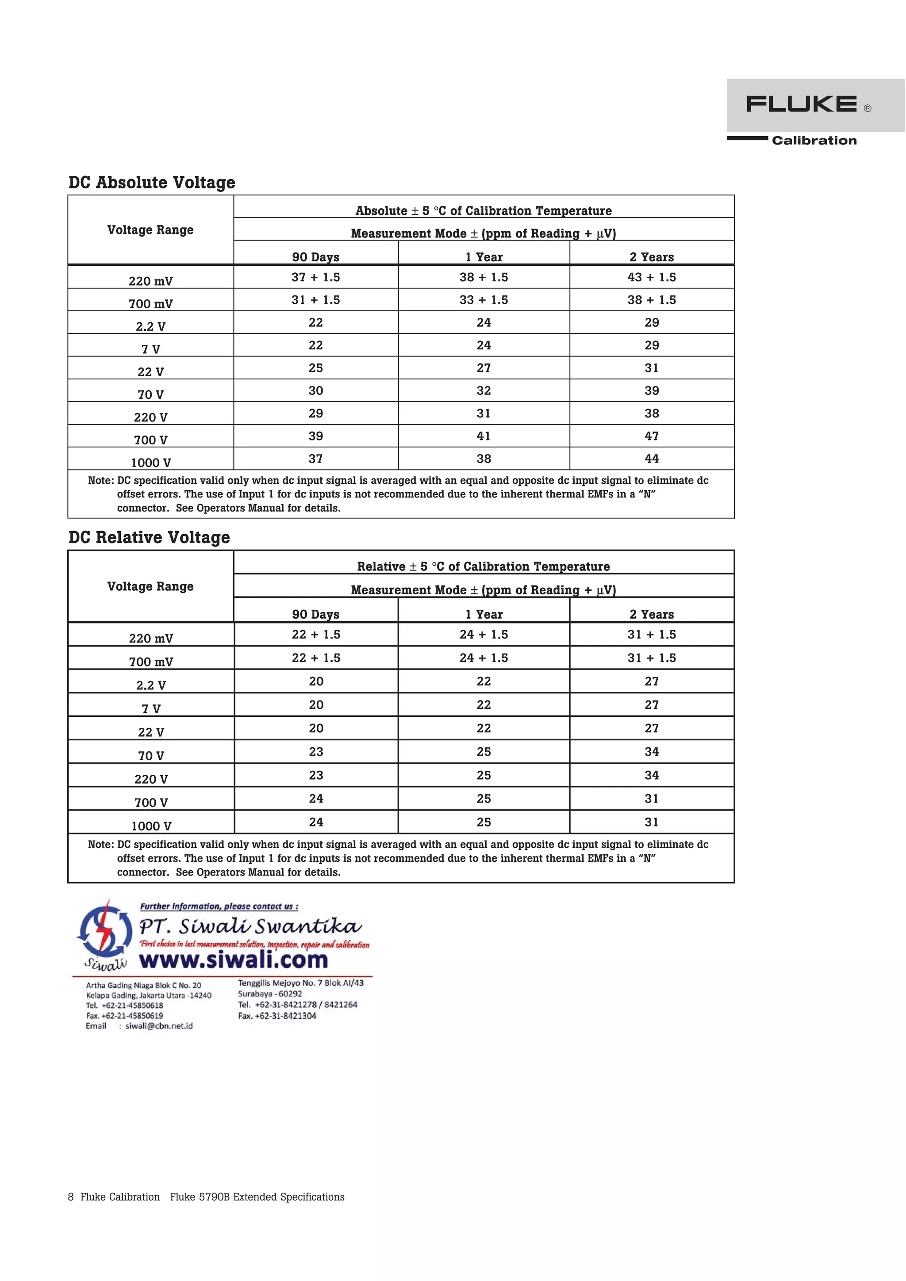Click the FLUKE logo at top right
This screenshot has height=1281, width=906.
tap(802, 104)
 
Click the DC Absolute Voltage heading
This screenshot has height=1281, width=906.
tap(152, 183)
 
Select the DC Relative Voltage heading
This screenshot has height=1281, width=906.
tap(149, 537)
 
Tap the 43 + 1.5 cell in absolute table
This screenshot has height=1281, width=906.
tap(652, 277)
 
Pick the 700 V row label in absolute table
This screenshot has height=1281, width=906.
tap(151, 440)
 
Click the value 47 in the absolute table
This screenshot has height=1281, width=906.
tap(652, 436)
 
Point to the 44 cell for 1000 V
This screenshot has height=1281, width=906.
tap(652, 459)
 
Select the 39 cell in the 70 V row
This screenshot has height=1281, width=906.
tap(652, 390)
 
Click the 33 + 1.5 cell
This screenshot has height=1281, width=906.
tap(484, 300)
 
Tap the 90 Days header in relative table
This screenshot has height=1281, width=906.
tap(315, 614)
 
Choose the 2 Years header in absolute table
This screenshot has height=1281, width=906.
tap(652, 257)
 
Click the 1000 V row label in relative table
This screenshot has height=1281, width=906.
tap(151, 826)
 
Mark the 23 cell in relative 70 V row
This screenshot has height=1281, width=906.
tap(316, 752)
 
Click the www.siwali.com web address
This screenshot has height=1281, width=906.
tap(233, 960)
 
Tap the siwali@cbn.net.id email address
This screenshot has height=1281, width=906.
tap(159, 1025)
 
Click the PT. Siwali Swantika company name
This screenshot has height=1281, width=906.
tap(250, 927)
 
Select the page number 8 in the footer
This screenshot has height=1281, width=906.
tap(71, 1197)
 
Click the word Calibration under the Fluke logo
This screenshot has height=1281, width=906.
tap(814, 141)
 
